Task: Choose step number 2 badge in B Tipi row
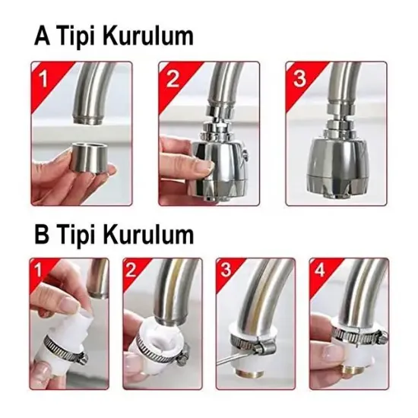(x=131, y=270)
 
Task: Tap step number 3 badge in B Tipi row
(x=225, y=270)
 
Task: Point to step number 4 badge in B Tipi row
(x=318, y=270)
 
